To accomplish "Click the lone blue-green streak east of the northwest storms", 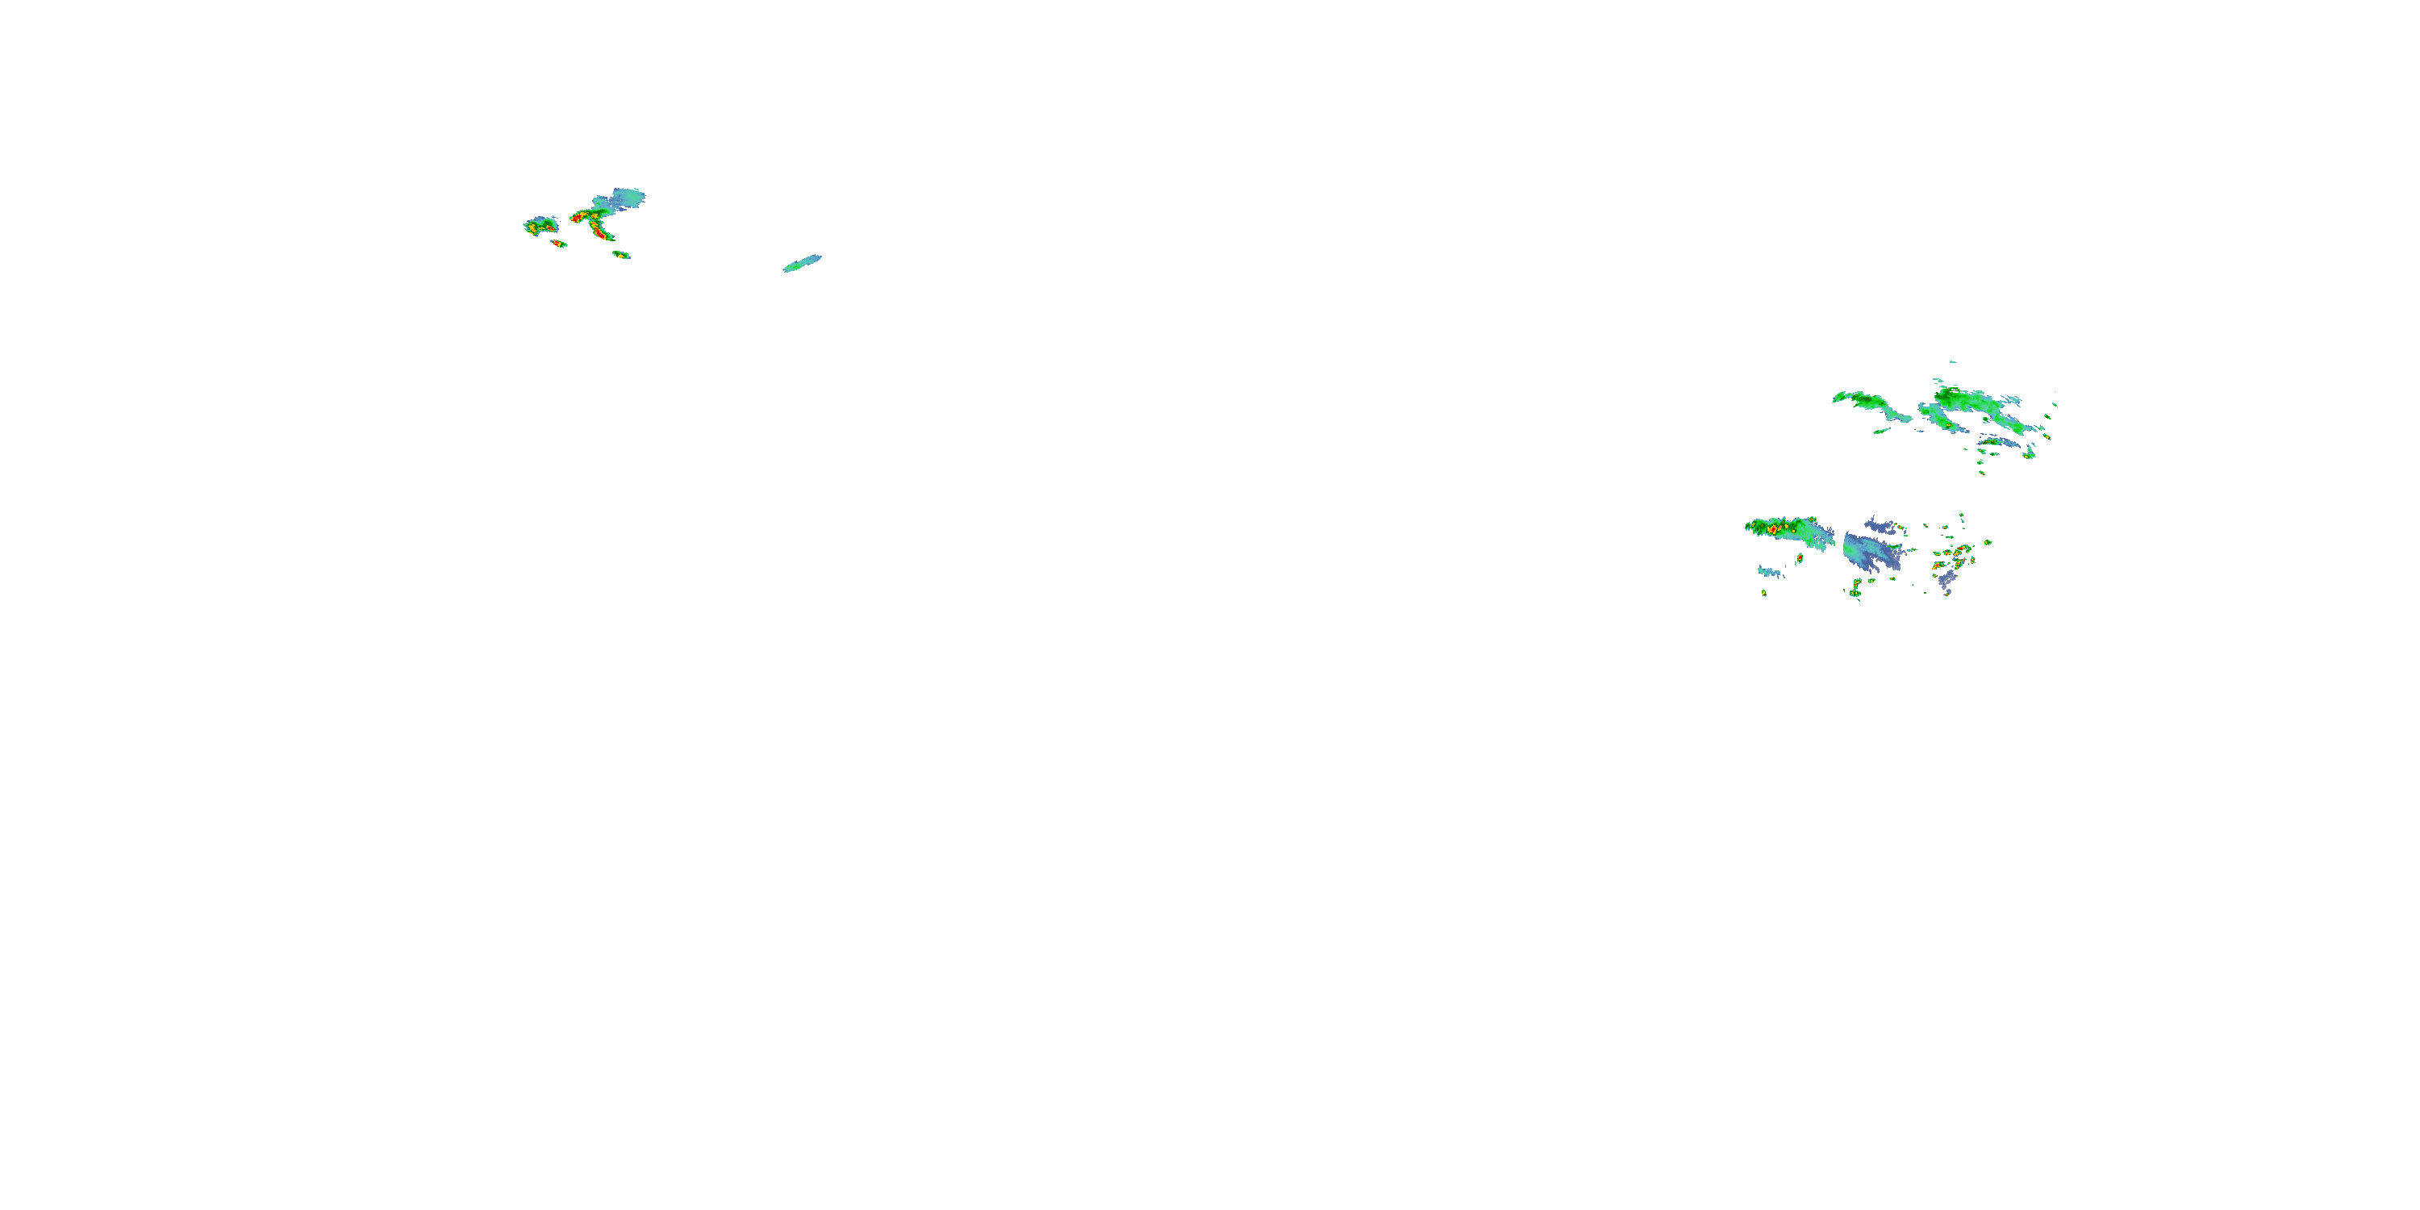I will pos(803,264).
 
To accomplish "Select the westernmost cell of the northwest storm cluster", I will pos(540,226).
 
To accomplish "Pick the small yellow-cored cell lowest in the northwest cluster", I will pos(621,255).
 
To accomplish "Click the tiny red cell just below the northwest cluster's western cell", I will pos(559,244).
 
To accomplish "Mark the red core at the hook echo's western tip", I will pos(576,218).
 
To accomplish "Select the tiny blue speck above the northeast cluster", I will pos(1951,361).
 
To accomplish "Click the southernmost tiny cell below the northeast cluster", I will pos(1982,473).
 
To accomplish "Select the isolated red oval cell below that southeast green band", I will pos(1800,558).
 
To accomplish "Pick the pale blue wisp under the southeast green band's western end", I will pos(1770,571).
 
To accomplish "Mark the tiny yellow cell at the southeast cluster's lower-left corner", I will pos(1763,593).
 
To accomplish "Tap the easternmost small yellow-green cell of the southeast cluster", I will pos(1988,543).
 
